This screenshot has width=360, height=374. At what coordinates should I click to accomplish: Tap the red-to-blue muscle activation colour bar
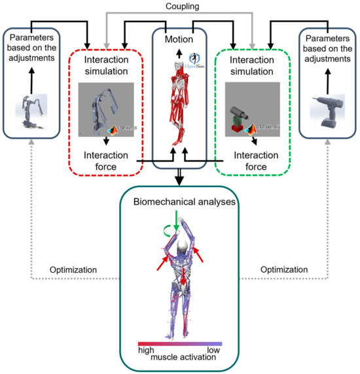[179, 343]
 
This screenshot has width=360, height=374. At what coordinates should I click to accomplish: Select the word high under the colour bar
[147, 350]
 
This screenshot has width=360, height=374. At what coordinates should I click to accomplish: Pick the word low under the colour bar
[212, 350]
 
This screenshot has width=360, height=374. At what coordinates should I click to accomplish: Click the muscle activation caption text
[180, 358]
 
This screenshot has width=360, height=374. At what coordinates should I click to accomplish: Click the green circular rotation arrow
[169, 229]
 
